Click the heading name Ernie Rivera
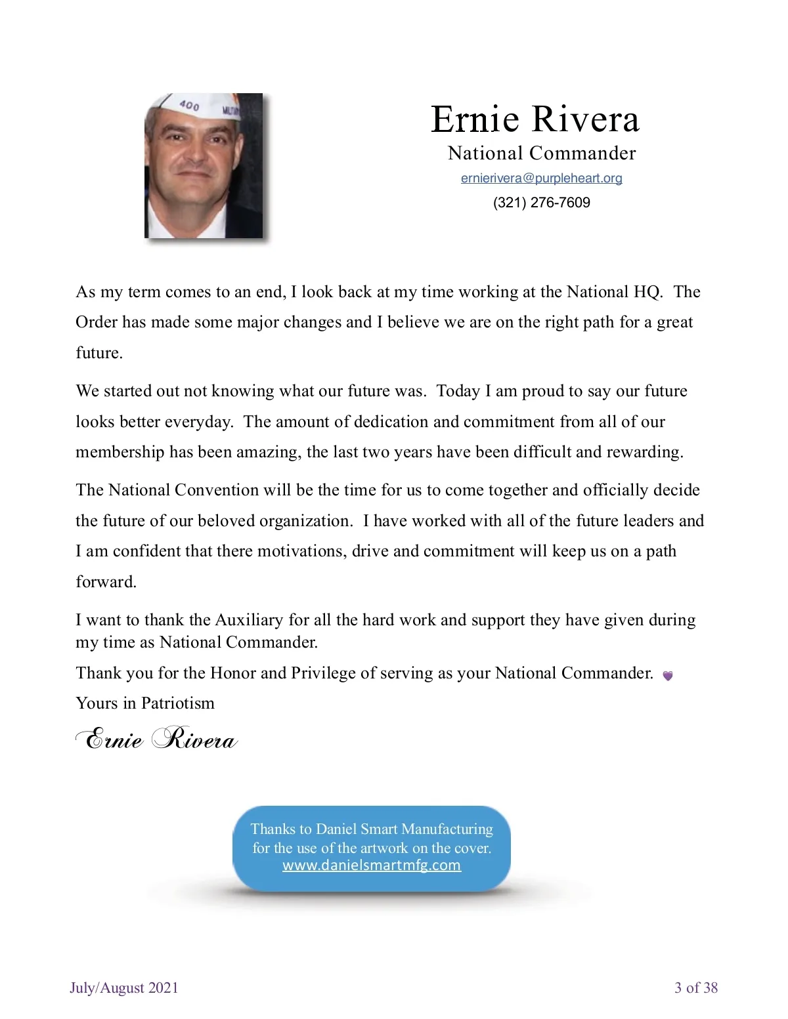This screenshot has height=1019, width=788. coord(535,119)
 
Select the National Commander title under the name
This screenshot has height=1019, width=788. coord(542,154)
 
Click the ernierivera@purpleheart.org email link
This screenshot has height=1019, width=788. coord(541,178)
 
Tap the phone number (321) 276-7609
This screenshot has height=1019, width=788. coord(541,203)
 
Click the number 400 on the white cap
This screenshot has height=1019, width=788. coord(189,105)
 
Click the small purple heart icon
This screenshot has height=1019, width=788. coord(667,676)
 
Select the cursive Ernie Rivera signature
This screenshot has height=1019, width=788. coord(156,739)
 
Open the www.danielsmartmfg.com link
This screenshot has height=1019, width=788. coord(372,865)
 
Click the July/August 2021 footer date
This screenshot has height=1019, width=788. coord(124,988)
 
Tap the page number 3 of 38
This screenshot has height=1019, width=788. coord(696,988)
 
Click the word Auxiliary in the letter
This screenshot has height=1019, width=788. coord(249,621)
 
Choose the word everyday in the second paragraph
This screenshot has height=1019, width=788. coord(198,422)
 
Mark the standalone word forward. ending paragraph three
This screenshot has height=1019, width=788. coord(106,582)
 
